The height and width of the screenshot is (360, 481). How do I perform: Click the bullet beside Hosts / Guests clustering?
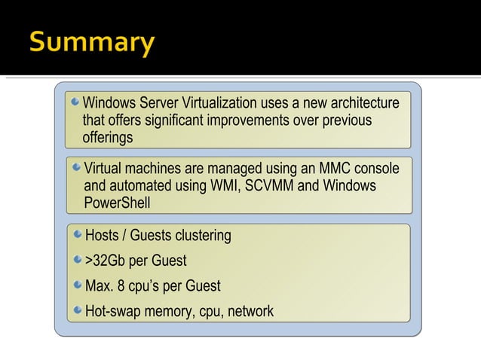point(78,235)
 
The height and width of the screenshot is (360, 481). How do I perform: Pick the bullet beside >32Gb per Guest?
point(78,260)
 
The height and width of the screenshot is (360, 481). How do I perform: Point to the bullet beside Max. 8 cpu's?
point(78,285)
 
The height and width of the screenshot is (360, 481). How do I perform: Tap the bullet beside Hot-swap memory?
point(78,310)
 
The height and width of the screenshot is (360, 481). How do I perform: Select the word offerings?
point(108,138)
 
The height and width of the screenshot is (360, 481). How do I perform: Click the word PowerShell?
point(117,203)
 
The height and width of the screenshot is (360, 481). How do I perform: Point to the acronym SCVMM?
point(268,185)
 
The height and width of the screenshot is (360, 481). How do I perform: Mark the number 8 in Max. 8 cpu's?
point(120,285)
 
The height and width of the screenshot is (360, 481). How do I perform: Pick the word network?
point(250,310)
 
